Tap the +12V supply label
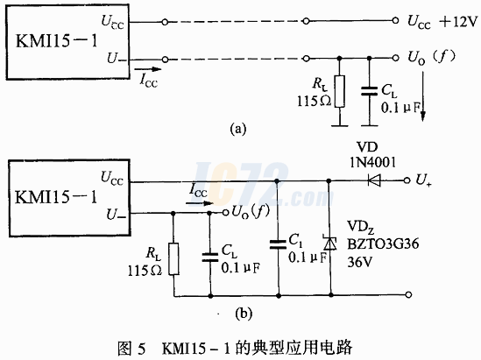(x=458, y=22)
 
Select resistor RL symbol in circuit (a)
(x=339, y=91)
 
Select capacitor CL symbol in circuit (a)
(x=369, y=91)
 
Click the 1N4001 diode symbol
(x=374, y=180)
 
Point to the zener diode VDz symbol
(x=330, y=243)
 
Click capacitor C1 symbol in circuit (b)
(x=278, y=244)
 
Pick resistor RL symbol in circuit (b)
(x=174, y=258)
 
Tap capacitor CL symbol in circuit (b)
(x=210, y=258)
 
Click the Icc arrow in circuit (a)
(x=148, y=69)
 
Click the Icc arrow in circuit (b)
(x=200, y=203)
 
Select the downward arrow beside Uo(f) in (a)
(x=423, y=96)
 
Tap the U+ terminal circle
(x=407, y=180)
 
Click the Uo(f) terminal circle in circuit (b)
(x=225, y=212)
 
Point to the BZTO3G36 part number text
(x=383, y=244)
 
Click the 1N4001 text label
(x=372, y=162)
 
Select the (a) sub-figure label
(x=238, y=129)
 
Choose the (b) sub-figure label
(x=244, y=314)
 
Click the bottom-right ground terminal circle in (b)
(x=408, y=294)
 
